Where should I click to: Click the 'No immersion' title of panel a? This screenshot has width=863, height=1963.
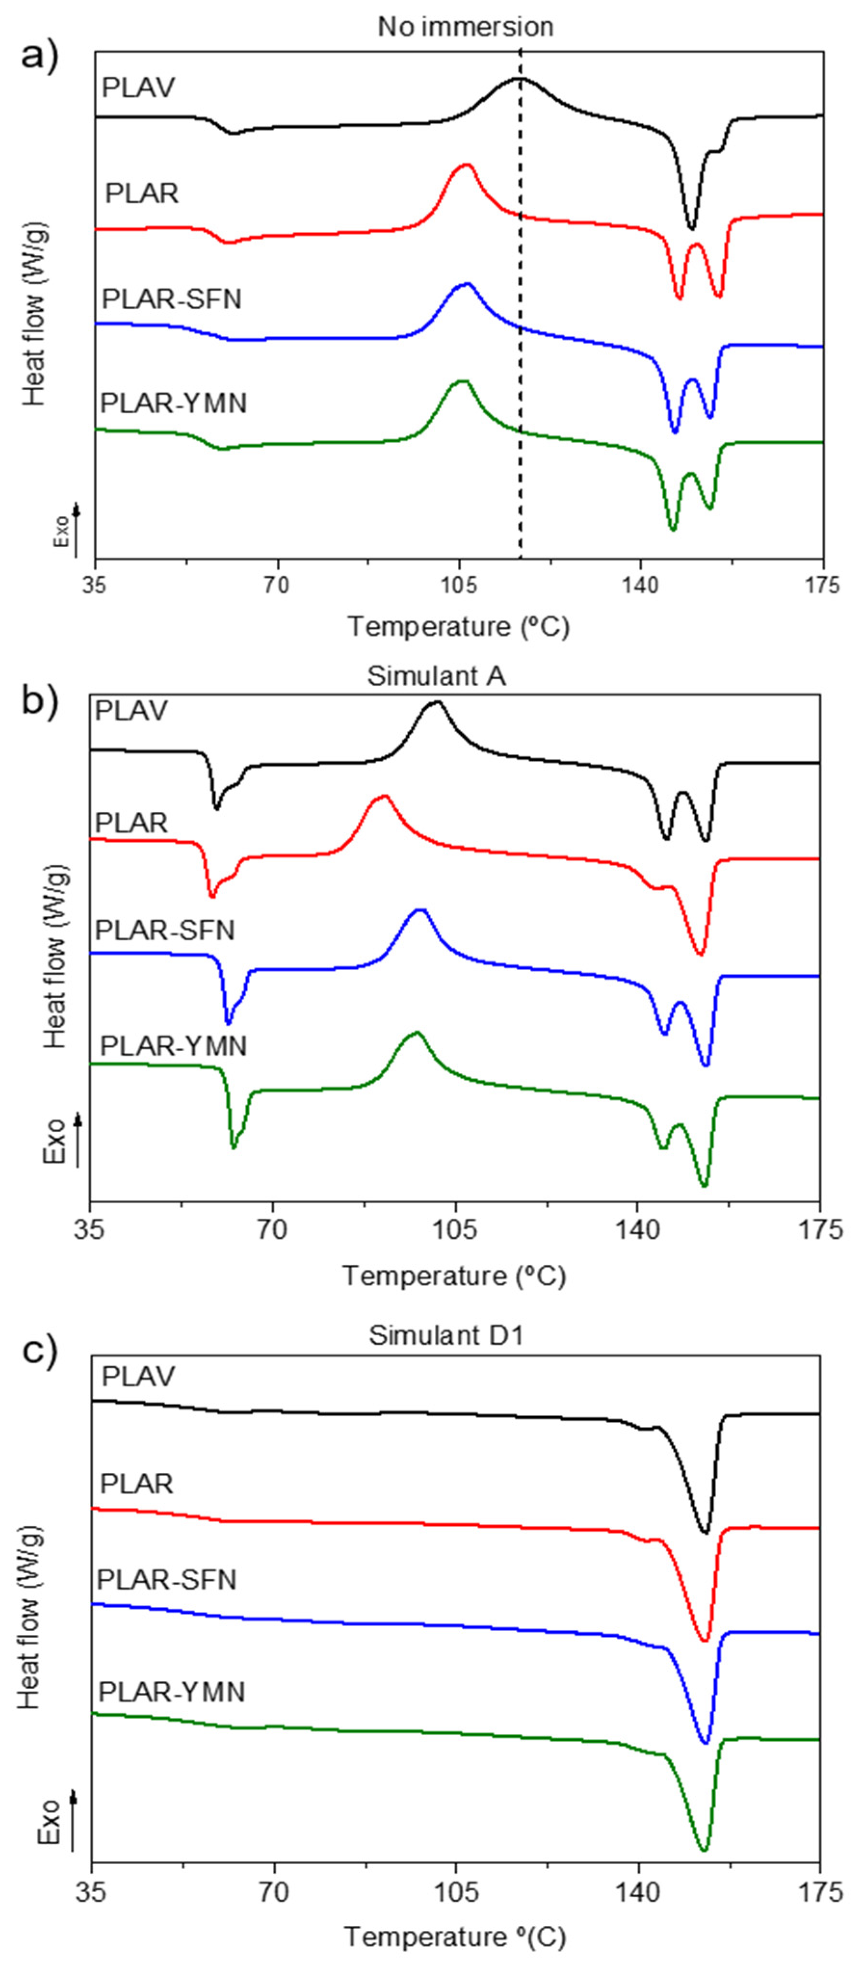point(465,26)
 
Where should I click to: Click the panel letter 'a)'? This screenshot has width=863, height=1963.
point(39,53)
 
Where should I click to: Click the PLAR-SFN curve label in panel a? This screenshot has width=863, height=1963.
point(171,299)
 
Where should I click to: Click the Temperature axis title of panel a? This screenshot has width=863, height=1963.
point(458,626)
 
